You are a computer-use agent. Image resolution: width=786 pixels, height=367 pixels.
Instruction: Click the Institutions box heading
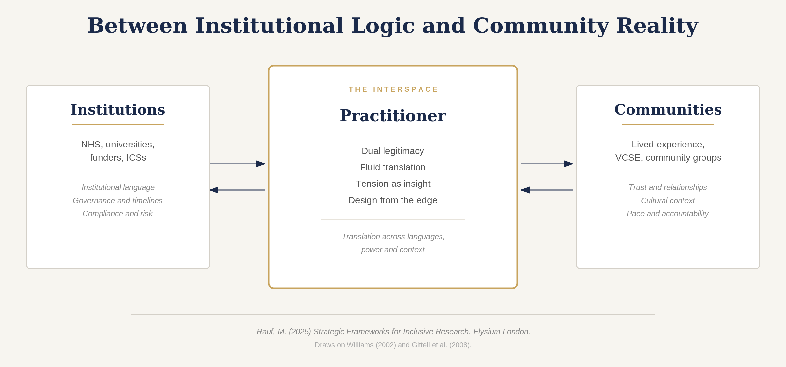point(118,110)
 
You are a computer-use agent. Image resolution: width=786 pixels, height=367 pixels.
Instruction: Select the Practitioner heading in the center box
point(393,116)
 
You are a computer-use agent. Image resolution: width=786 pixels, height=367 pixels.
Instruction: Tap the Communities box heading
point(668,110)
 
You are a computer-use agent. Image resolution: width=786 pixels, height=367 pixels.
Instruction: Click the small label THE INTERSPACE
point(393,89)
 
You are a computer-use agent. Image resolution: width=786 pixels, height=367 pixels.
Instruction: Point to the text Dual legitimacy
point(393,151)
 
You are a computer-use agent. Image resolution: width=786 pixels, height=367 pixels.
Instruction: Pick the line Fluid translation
point(393,167)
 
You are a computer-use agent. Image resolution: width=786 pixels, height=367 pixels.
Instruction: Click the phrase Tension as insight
point(393,184)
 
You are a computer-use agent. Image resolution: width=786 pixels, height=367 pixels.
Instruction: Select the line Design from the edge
point(393,200)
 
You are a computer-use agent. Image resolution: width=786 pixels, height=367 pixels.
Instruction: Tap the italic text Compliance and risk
point(118,214)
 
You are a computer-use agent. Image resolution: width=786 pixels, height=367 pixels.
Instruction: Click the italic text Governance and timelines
point(118,201)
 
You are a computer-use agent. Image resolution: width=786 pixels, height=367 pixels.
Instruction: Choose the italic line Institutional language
point(118,187)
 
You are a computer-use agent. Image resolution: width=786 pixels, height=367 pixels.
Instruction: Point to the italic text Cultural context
point(667,201)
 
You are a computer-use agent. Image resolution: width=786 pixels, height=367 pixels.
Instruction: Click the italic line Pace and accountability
point(667,214)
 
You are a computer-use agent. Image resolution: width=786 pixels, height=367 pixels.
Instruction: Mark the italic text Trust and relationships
point(667,187)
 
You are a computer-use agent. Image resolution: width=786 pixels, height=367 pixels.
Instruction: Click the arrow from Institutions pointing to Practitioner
point(237,164)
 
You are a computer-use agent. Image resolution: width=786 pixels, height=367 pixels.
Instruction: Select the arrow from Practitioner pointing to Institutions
point(237,190)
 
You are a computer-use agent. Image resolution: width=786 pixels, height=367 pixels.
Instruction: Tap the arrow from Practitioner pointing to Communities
point(547,164)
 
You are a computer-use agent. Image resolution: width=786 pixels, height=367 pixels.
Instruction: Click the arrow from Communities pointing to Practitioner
point(547,190)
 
